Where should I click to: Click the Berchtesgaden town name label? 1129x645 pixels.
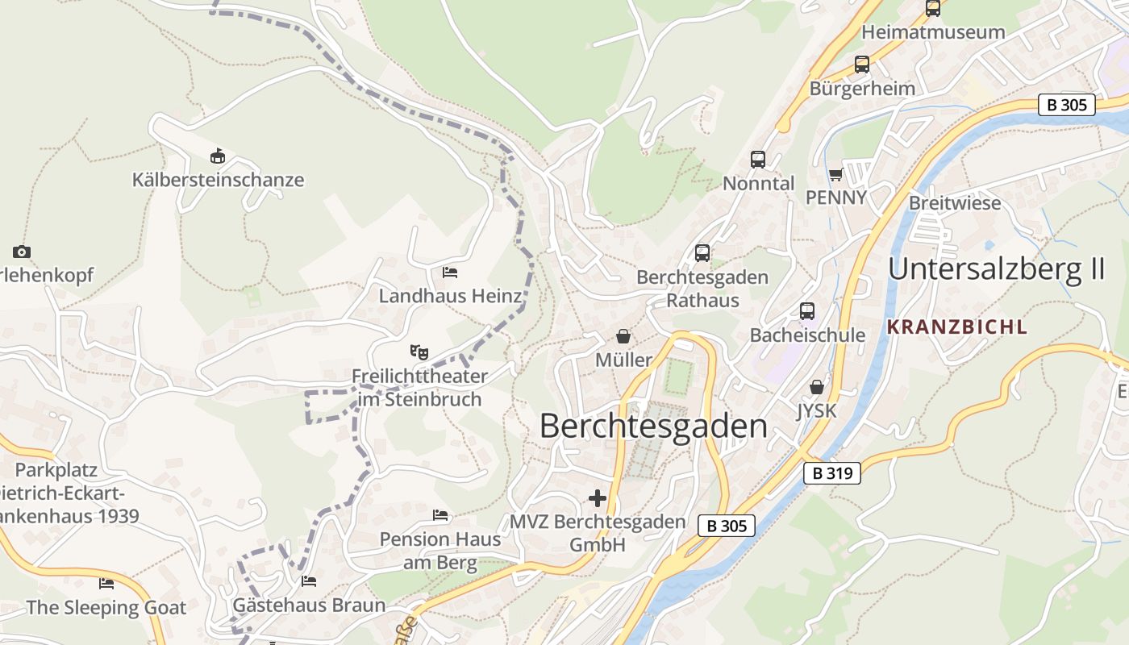pyautogui.click(x=653, y=427)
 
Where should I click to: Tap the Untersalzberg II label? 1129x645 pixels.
pyautogui.click(x=996, y=268)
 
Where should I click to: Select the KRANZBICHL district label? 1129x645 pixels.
pyautogui.click(x=957, y=327)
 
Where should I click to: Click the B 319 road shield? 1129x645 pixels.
pyautogui.click(x=832, y=473)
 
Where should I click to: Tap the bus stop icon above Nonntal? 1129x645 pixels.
pyautogui.click(x=758, y=160)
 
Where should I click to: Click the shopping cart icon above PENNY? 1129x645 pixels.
pyautogui.click(x=835, y=174)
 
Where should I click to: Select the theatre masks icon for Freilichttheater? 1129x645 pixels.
pyautogui.click(x=419, y=352)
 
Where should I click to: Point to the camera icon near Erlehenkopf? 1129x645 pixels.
pyautogui.click(x=22, y=252)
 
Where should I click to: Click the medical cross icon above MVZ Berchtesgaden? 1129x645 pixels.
pyautogui.click(x=598, y=498)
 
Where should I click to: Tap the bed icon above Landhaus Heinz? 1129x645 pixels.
pyautogui.click(x=450, y=273)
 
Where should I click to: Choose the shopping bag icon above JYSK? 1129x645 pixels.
pyautogui.click(x=817, y=387)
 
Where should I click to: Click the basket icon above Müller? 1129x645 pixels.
pyautogui.click(x=623, y=335)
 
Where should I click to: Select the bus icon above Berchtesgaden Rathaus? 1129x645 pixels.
pyautogui.click(x=702, y=253)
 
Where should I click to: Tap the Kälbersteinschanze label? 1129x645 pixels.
pyautogui.click(x=219, y=180)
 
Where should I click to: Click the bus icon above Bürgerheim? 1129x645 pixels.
pyautogui.click(x=862, y=64)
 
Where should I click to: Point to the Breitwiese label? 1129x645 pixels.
pyautogui.click(x=955, y=202)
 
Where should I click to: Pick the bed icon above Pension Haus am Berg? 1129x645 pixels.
pyautogui.click(x=440, y=514)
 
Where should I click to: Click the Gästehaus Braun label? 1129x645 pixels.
pyautogui.click(x=309, y=605)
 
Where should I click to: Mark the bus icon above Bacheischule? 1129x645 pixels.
pyautogui.click(x=807, y=311)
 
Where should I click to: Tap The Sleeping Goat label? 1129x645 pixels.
pyautogui.click(x=106, y=607)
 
